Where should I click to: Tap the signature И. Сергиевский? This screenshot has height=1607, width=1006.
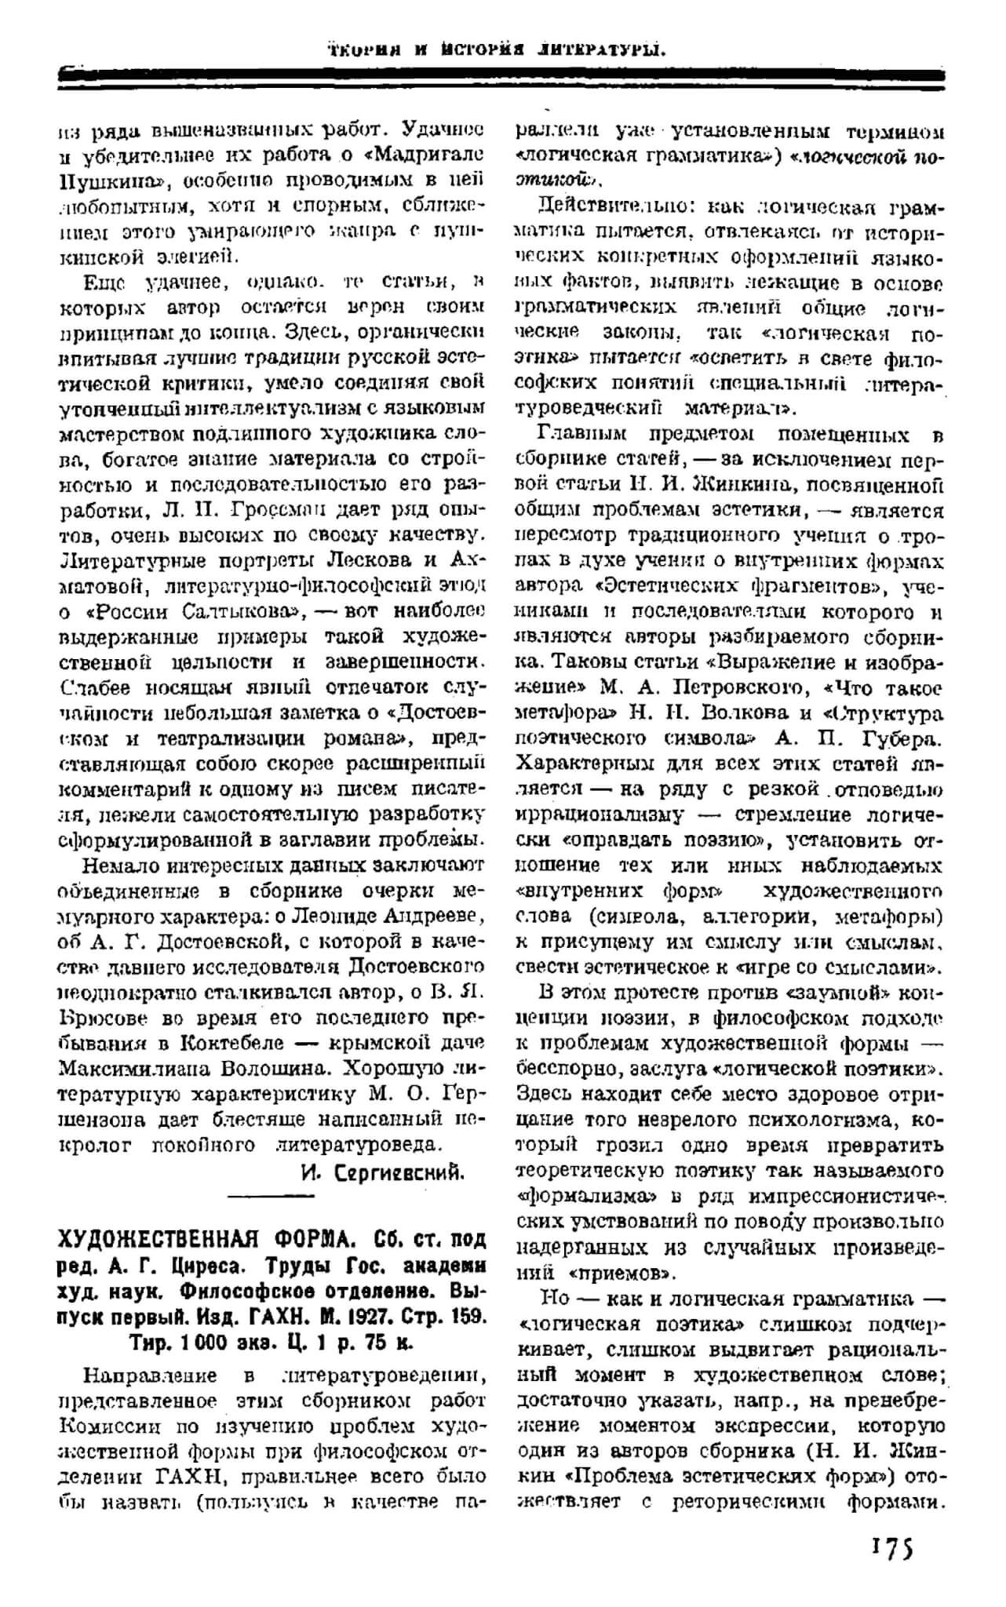point(381,1172)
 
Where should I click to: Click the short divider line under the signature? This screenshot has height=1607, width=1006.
point(270,1195)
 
